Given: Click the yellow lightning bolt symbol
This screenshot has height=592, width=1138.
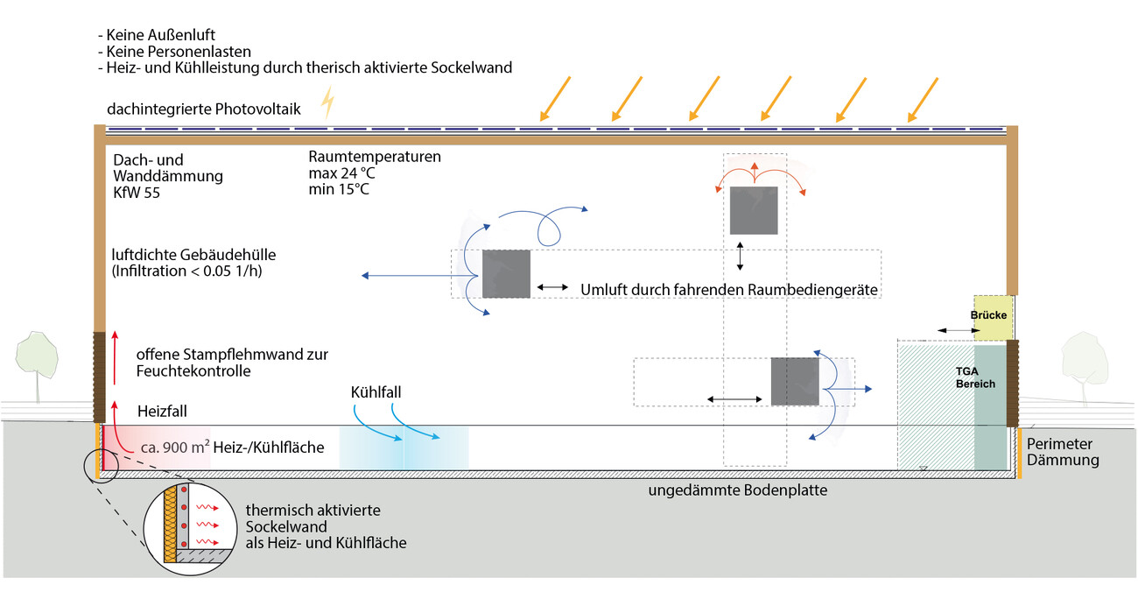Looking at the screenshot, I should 328,102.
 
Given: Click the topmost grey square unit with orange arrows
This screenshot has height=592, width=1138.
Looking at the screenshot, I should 754,210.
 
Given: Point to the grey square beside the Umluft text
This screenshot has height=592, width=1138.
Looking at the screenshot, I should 506,274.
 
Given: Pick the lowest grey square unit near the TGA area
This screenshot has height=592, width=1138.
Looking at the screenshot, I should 794,381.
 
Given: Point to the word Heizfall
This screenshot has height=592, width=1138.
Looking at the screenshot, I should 162,410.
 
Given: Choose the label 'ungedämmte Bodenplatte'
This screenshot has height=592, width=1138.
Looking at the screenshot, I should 737,490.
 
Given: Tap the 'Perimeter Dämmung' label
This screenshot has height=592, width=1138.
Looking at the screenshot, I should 1063,452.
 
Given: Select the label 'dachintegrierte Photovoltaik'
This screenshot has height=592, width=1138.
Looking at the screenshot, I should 204,109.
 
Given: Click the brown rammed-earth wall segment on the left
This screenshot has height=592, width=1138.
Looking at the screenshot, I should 100,377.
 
